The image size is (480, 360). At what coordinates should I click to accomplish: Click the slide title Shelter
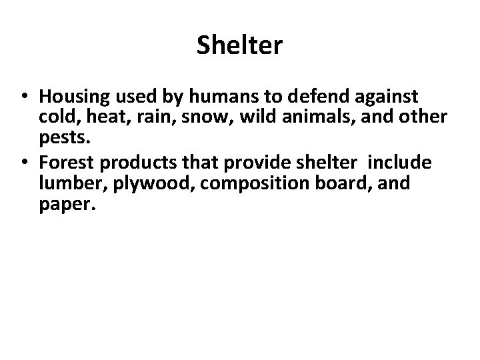240,46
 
